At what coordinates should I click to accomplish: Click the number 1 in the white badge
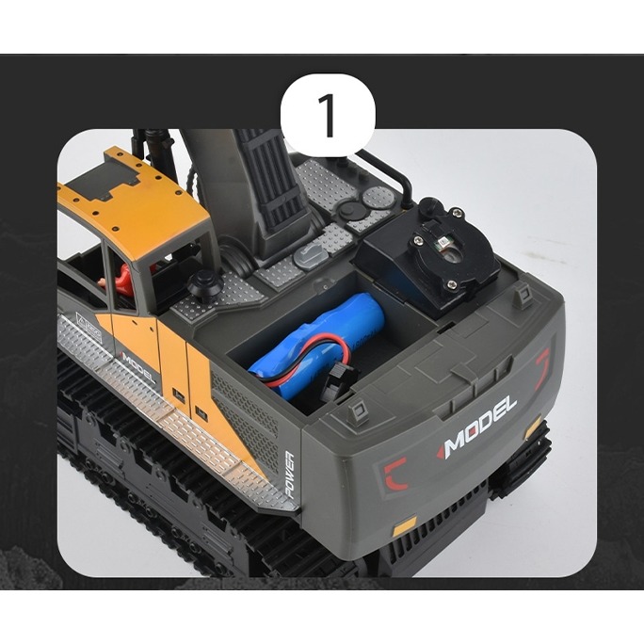pos(328,115)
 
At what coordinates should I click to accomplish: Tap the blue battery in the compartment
pos(316,345)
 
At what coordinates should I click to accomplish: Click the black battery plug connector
pos(338,384)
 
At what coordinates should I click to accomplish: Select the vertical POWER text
pos(289,475)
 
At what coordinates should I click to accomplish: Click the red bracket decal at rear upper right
pos(543,368)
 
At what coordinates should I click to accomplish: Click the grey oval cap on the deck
pos(310,256)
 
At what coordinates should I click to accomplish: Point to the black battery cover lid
pos(427,252)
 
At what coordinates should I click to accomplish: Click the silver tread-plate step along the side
pos(172,415)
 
